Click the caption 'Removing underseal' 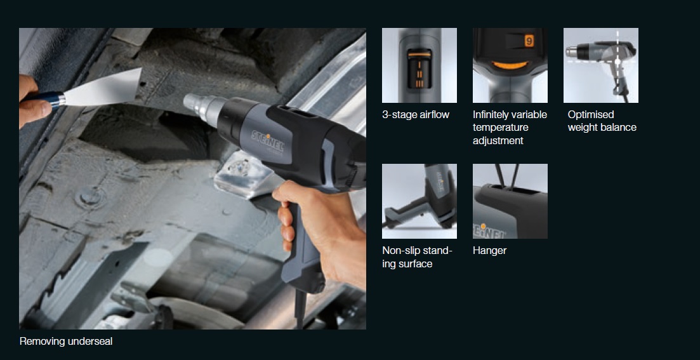[66, 341]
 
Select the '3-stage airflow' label [416, 115]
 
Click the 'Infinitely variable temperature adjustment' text [510, 127]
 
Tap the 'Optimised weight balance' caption [602, 121]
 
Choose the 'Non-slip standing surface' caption [418, 257]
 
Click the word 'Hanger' [490, 251]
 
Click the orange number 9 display [529, 41]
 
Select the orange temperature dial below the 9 [510, 65]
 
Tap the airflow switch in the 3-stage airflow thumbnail [419, 69]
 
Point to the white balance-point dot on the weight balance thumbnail [618, 62]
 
